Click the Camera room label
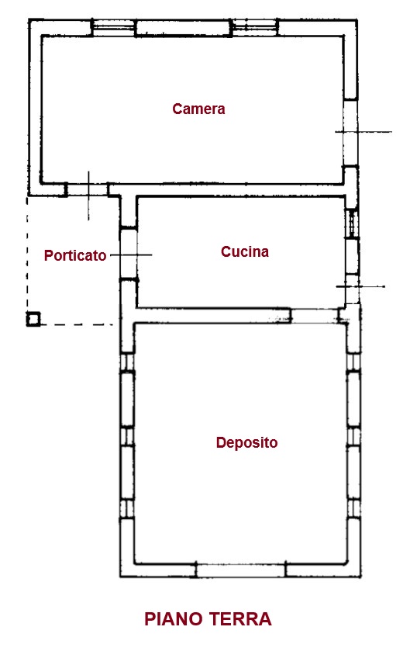pyautogui.click(x=198, y=109)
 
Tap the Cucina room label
pyautogui.click(x=245, y=251)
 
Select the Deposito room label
pyautogui.click(x=247, y=442)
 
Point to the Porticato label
pyautogui.click(x=75, y=255)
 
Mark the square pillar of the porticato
pyautogui.click(x=33, y=319)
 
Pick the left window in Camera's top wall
pyautogui.click(x=113, y=28)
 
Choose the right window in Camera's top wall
pyautogui.click(x=254, y=28)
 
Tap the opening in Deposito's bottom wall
pyautogui.click(x=240, y=570)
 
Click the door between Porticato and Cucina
pyautogui.click(x=129, y=254)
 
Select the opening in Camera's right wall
pyautogui.click(x=350, y=133)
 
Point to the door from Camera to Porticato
pyautogui.click(x=87, y=190)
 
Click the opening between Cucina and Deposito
pyautogui.click(x=315, y=316)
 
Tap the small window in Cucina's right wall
pyautogui.click(x=352, y=223)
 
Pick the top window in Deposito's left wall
pyautogui.click(x=127, y=362)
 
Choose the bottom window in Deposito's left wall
pyautogui.click(x=127, y=507)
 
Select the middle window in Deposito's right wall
pyautogui.click(x=354, y=436)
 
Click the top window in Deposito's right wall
pyautogui.click(x=354, y=362)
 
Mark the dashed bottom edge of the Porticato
pyautogui.click(x=77, y=324)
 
